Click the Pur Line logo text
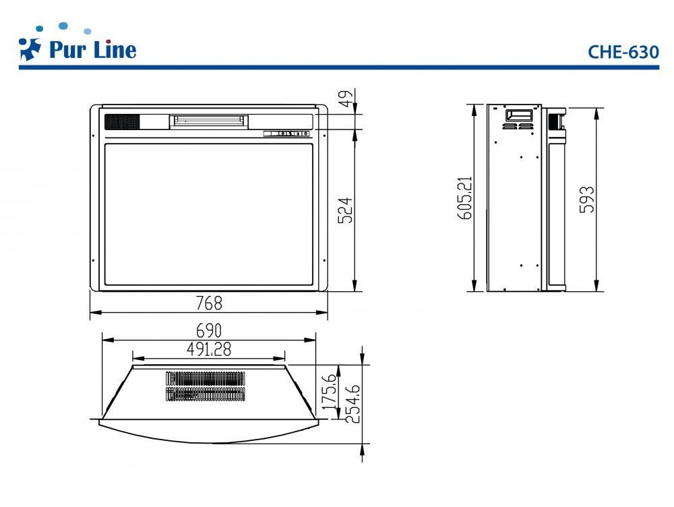pos(93,49)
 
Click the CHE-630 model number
pos(623,52)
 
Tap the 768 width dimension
pos(209,303)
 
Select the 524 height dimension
pos(346,210)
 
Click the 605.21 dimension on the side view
pos(466,198)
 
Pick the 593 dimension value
pos(587,199)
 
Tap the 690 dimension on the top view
pos(209,330)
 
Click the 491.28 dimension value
pos(209,349)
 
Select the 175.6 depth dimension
pos(330,392)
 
